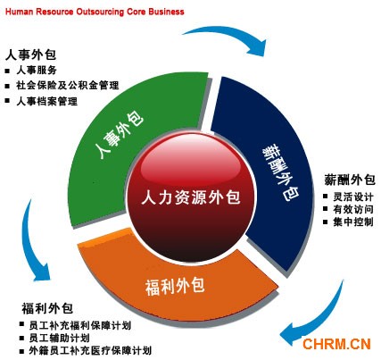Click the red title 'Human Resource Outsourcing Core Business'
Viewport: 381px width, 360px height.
tap(95, 12)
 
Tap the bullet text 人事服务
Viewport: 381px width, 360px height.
tap(37, 71)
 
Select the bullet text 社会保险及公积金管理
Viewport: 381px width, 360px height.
tap(68, 86)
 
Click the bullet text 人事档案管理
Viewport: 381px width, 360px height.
tap(47, 101)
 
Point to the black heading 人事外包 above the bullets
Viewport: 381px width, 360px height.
tap(31, 54)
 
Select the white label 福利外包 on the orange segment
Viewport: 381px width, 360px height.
tap(175, 286)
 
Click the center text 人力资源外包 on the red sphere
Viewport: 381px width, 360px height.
tap(191, 197)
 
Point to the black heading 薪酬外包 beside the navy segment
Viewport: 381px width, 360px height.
tap(350, 180)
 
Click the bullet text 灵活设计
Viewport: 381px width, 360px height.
tap(353, 197)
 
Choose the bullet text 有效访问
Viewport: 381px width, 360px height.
tap(353, 209)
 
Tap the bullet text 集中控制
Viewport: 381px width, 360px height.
tap(353, 222)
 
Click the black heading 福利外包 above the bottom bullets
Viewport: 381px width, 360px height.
tap(47, 308)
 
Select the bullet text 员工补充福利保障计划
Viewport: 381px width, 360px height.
tap(80, 325)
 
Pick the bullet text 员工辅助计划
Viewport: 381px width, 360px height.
tap(60, 338)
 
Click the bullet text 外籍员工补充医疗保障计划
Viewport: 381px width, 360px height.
tap(90, 351)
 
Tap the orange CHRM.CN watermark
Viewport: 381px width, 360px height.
tap(336, 344)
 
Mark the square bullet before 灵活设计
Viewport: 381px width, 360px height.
tap(326, 197)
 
